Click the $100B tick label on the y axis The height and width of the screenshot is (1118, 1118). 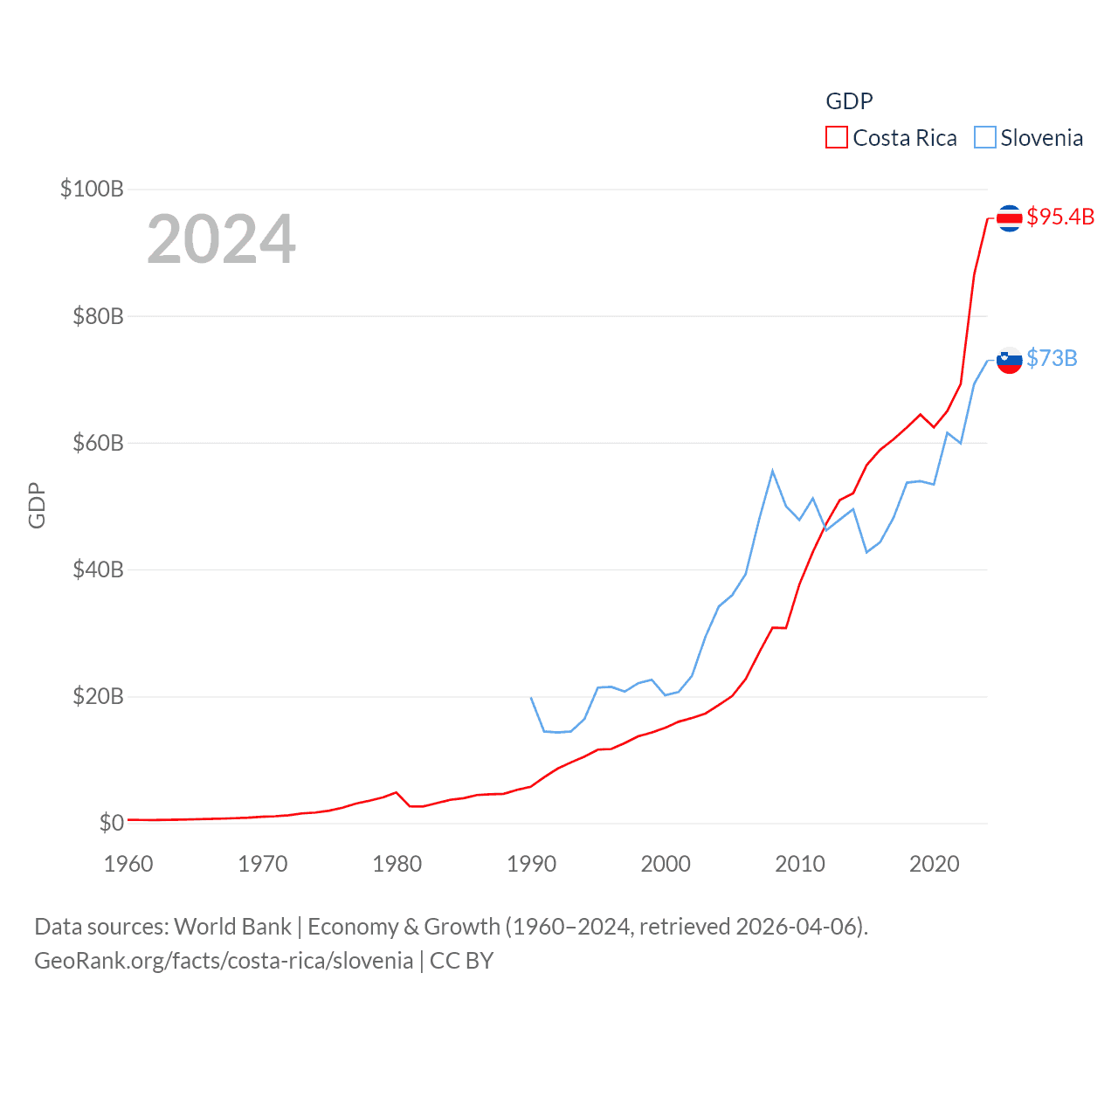pos(92,189)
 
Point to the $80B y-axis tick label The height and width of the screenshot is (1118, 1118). pos(98,316)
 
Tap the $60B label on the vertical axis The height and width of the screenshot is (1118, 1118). pos(98,443)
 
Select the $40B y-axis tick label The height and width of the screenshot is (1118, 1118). pos(98,569)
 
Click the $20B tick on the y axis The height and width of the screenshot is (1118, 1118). pos(98,696)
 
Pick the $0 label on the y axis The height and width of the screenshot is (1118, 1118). pos(112,823)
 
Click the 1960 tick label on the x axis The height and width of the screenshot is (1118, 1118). pos(128,864)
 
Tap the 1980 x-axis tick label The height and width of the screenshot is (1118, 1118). pos(397,864)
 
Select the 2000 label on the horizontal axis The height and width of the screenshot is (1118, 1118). pos(666,864)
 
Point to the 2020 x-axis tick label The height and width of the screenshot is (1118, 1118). pos(935,864)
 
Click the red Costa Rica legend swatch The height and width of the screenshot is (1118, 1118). pos(837,138)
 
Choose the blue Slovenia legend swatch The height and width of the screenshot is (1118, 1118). pos(985,138)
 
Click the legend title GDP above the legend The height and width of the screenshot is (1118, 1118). pos(849,101)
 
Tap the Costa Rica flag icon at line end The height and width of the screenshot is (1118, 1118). pos(1009,217)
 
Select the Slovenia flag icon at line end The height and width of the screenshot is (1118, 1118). pos(1009,360)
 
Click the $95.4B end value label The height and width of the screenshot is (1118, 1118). pos(1060,217)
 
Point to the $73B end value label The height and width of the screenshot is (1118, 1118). pos(1052,358)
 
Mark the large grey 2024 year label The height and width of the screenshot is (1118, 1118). pos(221,239)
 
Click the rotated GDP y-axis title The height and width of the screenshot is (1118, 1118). pos(37,505)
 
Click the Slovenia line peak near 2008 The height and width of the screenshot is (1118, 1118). pos(772,471)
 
